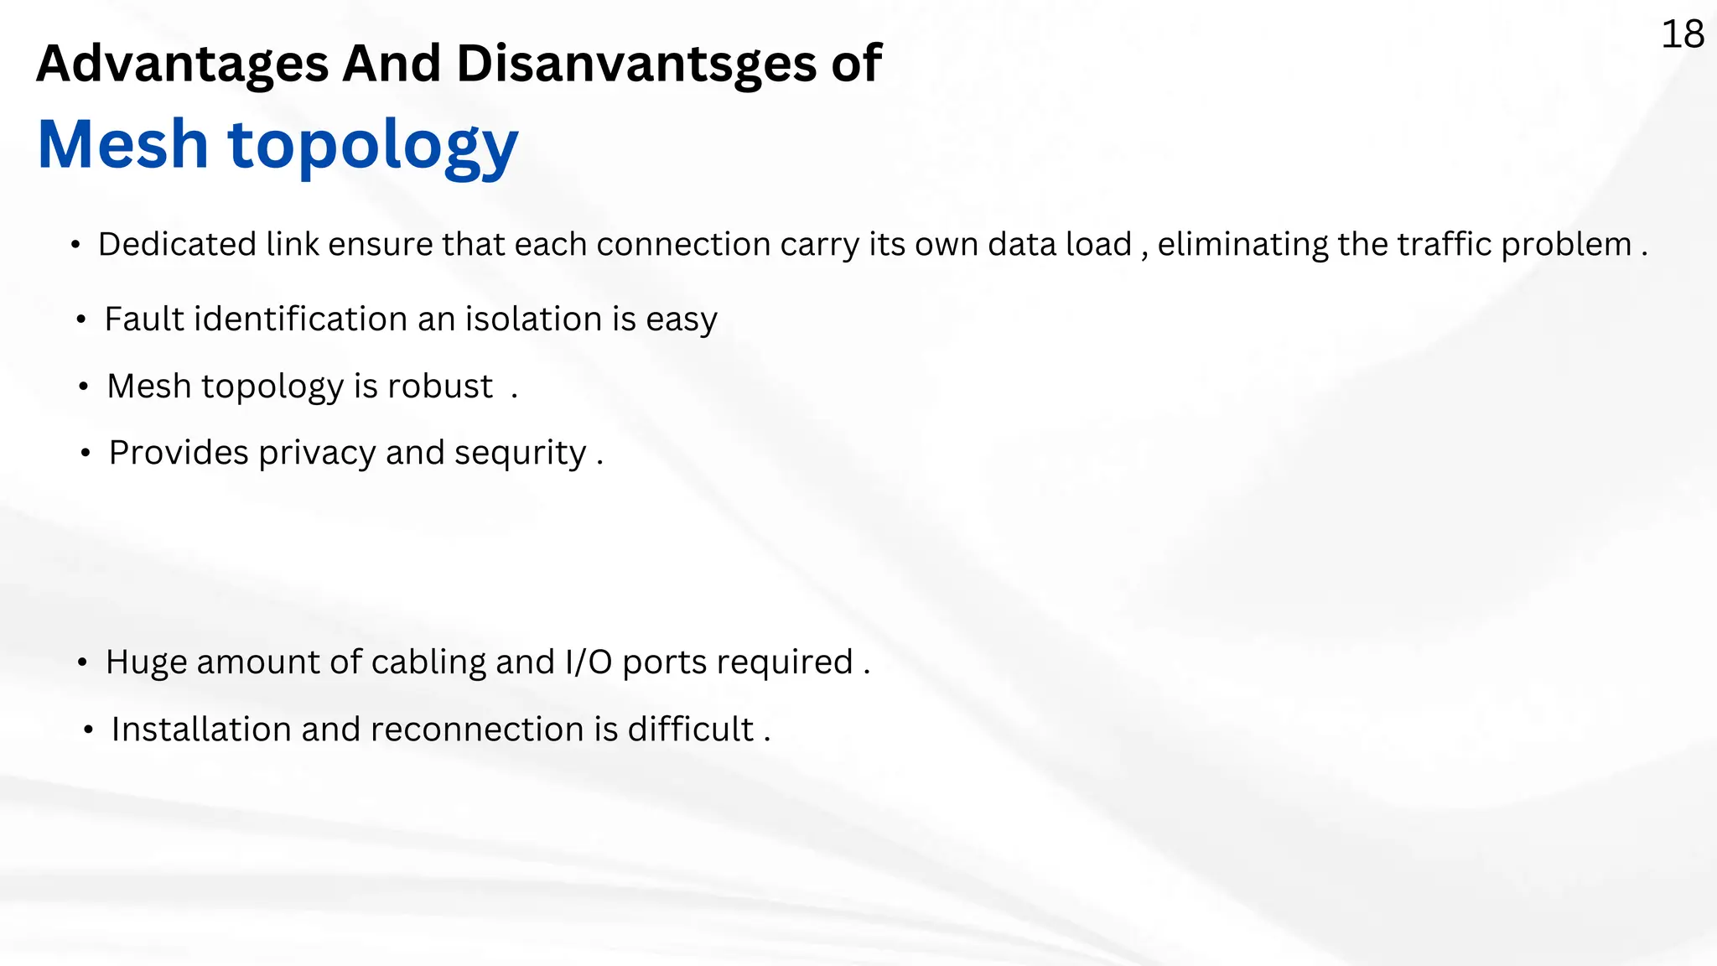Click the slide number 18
coord(1682,35)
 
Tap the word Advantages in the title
coord(182,64)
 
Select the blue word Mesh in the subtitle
coord(122,144)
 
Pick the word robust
coord(440,387)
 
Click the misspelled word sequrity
coord(520,454)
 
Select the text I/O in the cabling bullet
coord(589,662)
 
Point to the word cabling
coord(428,662)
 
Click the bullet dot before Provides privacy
coord(86,454)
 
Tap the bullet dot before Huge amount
coord(82,663)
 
